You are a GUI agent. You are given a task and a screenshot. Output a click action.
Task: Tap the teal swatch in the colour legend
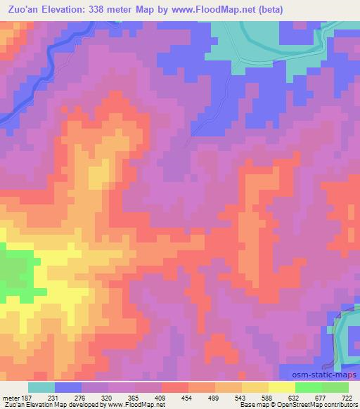pyautogui.click(x=41, y=387)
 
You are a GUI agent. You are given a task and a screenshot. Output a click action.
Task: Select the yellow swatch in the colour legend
pyautogui.click(x=281, y=387)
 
